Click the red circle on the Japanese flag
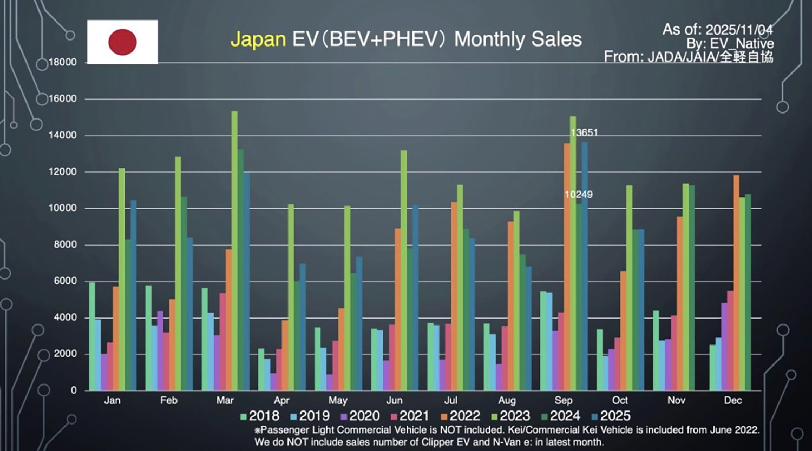(x=122, y=42)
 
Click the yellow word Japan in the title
(x=258, y=39)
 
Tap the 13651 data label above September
(x=584, y=132)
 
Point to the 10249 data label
(x=578, y=195)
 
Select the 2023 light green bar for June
(x=403, y=270)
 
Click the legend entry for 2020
(x=359, y=416)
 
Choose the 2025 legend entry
(x=611, y=416)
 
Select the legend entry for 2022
(x=460, y=416)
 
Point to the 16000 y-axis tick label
(x=63, y=99)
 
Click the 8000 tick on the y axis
(x=66, y=244)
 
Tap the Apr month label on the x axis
(x=281, y=401)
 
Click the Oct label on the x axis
(x=620, y=401)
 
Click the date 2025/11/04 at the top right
(x=739, y=29)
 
